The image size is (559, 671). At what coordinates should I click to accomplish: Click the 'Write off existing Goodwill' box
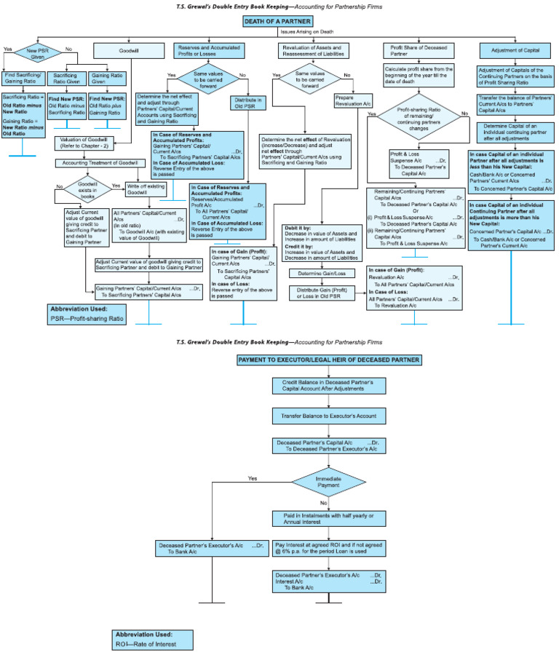[146, 188]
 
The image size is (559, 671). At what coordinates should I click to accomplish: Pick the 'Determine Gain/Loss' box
[321, 274]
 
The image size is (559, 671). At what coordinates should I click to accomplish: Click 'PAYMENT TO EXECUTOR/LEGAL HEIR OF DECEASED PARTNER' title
[328, 360]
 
